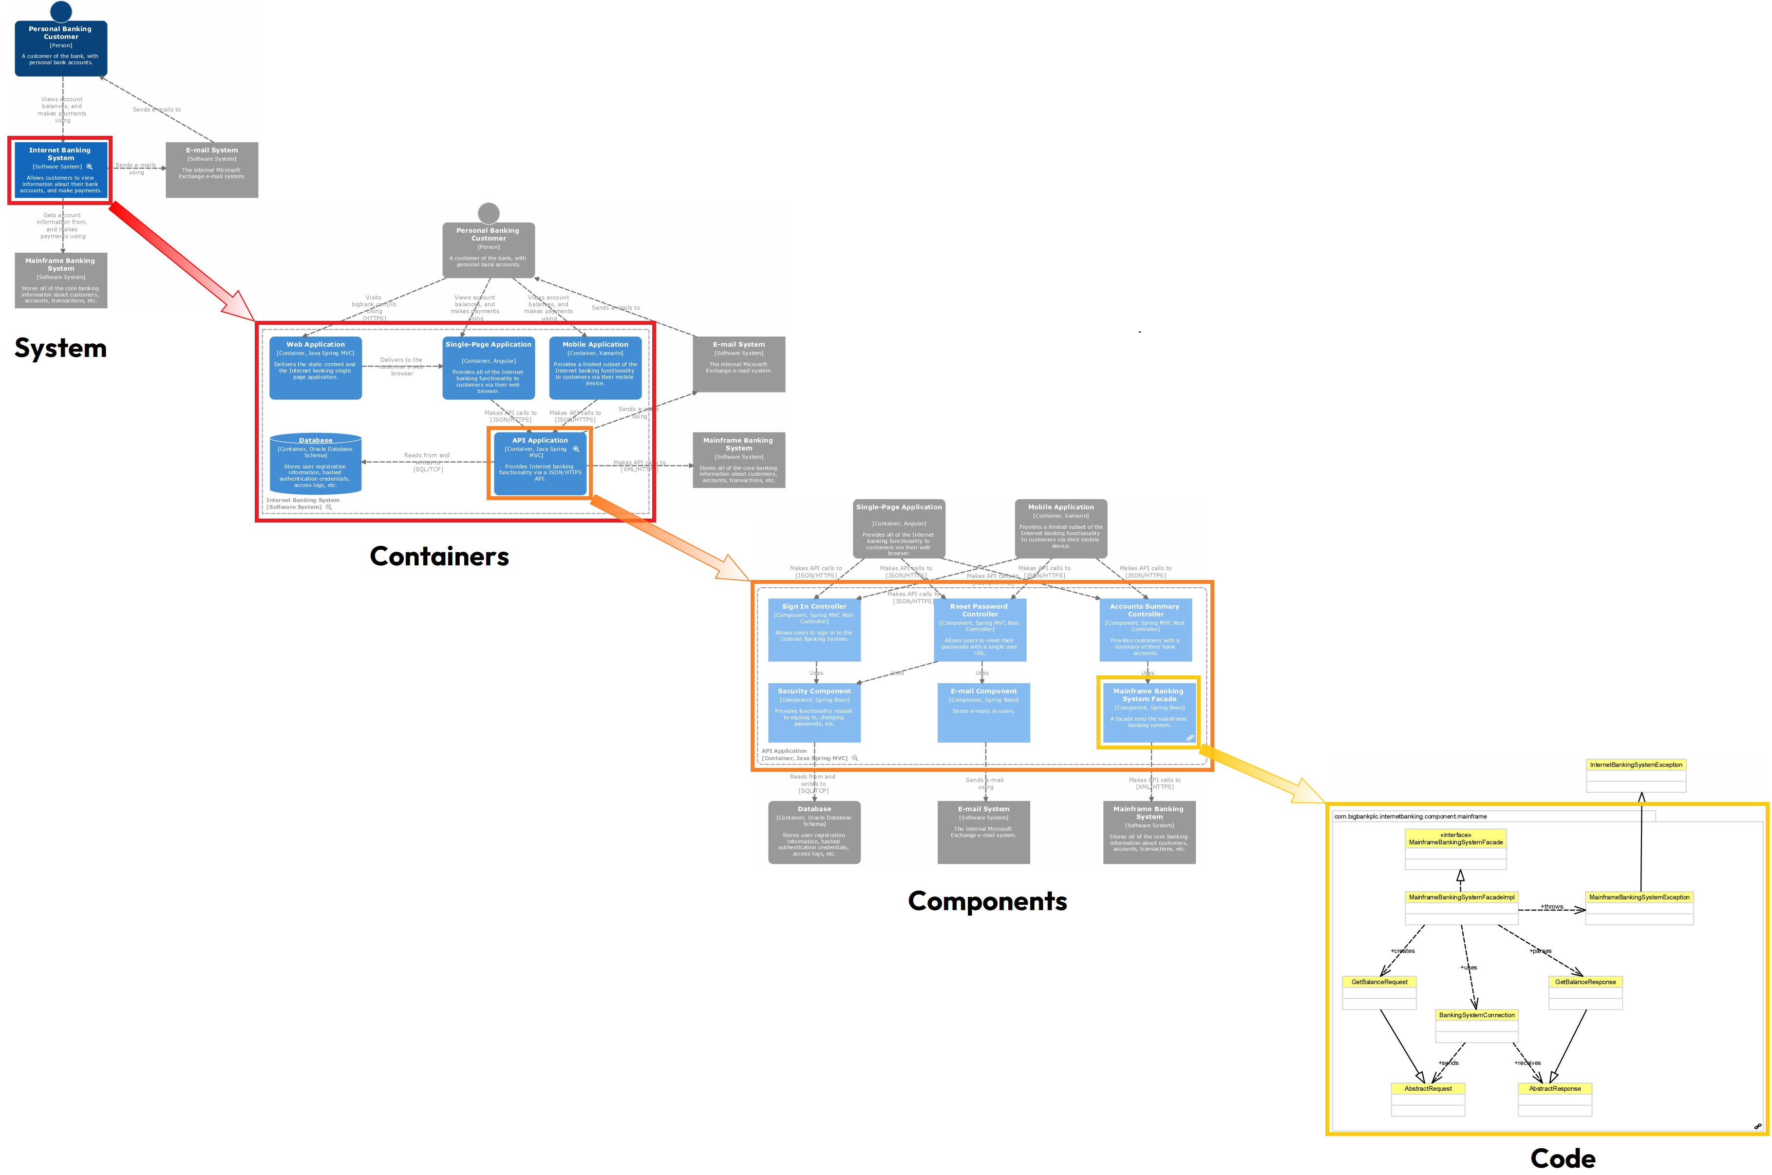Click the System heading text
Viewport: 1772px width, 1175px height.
[x=61, y=349]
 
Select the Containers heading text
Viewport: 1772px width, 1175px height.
[x=439, y=557]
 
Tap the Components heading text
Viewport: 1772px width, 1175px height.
[x=987, y=901]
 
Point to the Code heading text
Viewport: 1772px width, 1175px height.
[x=1563, y=1158]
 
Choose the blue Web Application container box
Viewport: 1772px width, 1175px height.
[x=316, y=367]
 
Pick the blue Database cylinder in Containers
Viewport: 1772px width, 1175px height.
[x=316, y=463]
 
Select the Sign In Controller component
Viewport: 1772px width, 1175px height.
[x=814, y=630]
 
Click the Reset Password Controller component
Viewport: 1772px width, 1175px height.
[x=980, y=630]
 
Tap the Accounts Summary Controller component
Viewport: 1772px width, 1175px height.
[x=1145, y=630]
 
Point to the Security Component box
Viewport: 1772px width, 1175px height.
[x=814, y=712]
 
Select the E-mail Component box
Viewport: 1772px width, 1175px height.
[x=983, y=712]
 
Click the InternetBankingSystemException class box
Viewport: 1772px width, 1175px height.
[x=1636, y=776]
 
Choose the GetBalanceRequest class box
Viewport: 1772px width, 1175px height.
[x=1379, y=992]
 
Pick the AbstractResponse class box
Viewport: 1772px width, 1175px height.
[x=1555, y=1099]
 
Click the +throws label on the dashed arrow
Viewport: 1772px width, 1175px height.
[x=1552, y=907]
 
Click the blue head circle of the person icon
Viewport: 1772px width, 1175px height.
[x=61, y=11]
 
